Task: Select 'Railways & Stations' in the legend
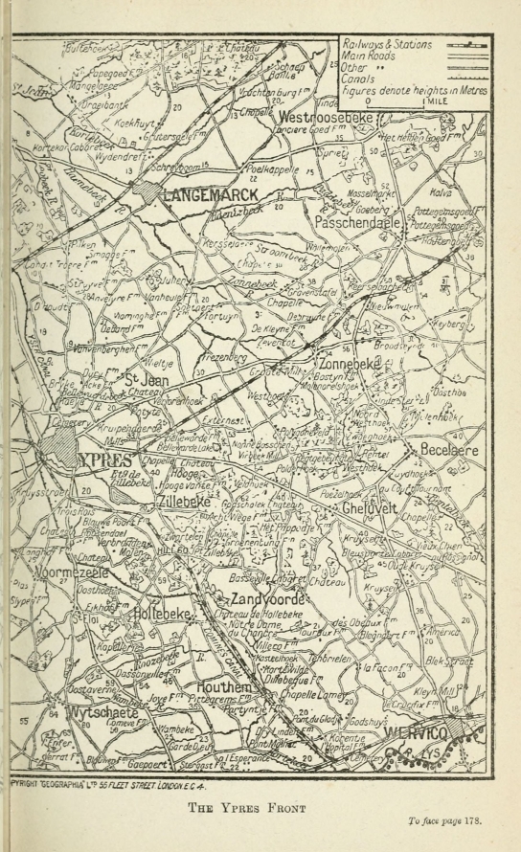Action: tap(387, 44)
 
